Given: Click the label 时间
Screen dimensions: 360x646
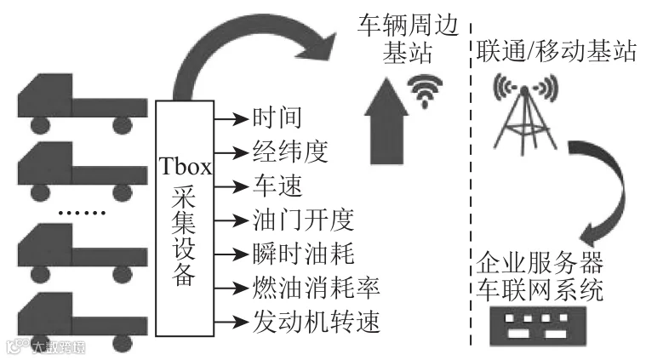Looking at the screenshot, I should point(277,117).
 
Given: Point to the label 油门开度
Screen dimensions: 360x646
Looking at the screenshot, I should point(300,220).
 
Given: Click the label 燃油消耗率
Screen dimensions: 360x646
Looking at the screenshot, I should point(313,288).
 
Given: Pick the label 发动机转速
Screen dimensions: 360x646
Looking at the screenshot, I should point(313,323).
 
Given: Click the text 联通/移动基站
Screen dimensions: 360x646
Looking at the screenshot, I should point(554,52).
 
